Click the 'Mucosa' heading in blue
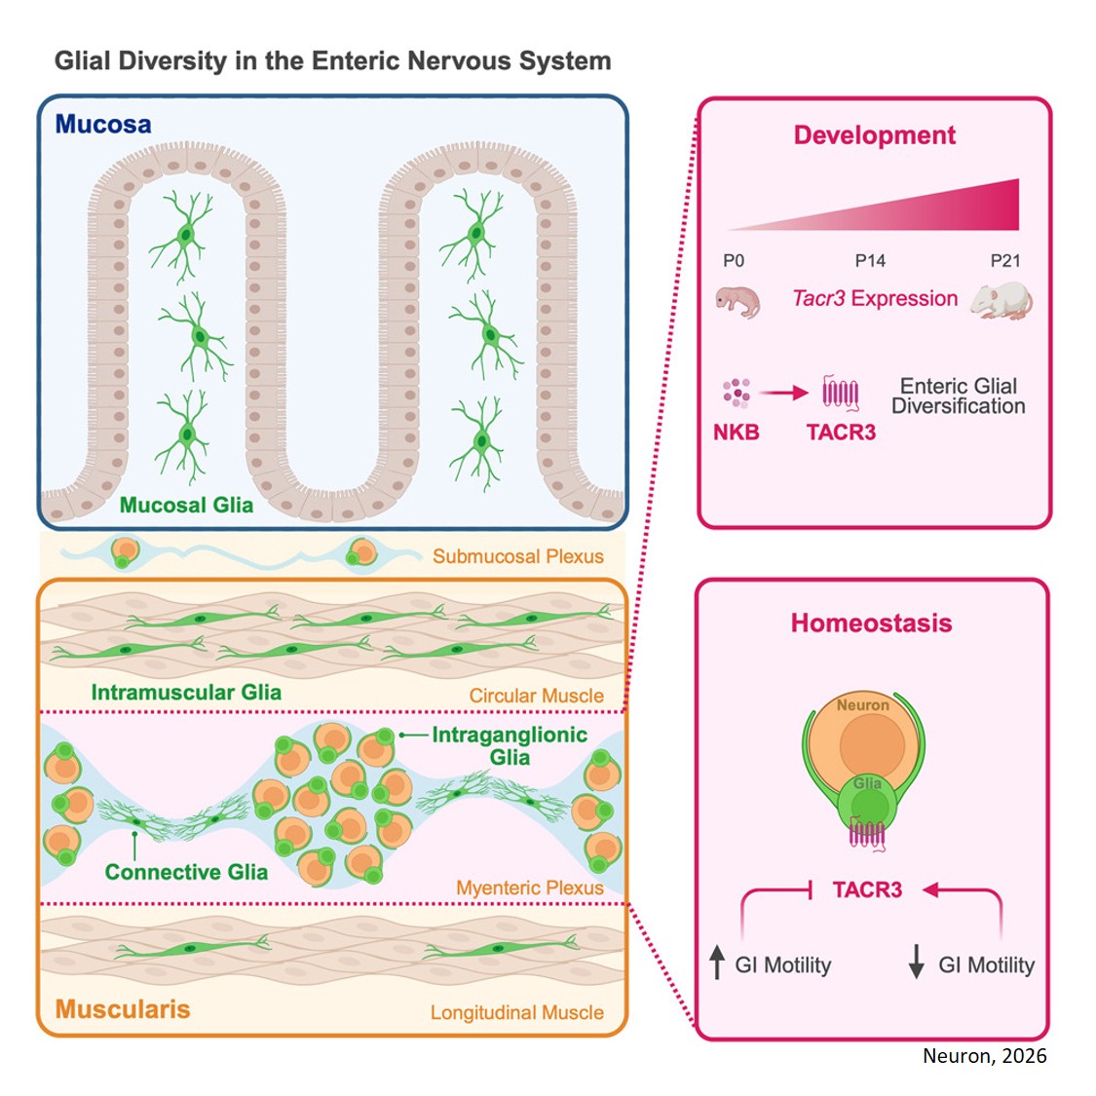click(x=103, y=125)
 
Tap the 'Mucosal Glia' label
click(x=186, y=505)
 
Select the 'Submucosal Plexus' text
click(x=517, y=556)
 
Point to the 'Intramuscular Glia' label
click(x=186, y=693)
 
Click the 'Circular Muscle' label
click(x=536, y=696)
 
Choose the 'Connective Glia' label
click(x=186, y=872)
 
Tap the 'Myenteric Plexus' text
click(x=529, y=888)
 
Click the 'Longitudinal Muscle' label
click(x=516, y=1012)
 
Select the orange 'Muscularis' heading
click(x=123, y=1009)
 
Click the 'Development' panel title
click(x=874, y=135)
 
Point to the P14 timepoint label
click(x=870, y=260)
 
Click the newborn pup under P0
click(x=737, y=301)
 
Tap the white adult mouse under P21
click(x=1002, y=301)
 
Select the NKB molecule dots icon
click(x=737, y=393)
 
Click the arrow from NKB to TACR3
click(x=784, y=393)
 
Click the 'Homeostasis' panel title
click(x=871, y=624)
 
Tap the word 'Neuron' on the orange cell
click(x=863, y=704)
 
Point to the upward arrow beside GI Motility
click(x=717, y=963)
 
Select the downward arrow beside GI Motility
click(x=916, y=963)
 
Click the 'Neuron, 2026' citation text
click(x=984, y=1056)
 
